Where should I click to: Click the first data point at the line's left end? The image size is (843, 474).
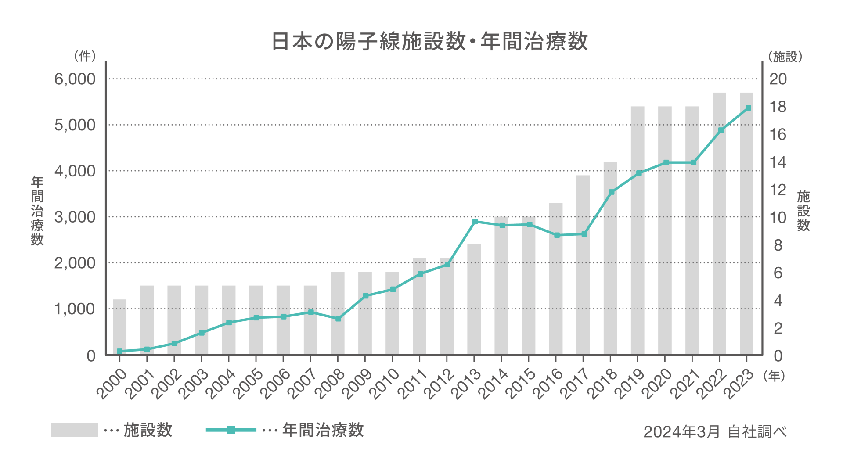(x=119, y=351)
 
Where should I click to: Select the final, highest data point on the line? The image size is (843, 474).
(x=748, y=108)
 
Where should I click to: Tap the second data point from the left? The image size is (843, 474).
(x=147, y=349)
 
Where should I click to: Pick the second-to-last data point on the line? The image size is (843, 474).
(x=721, y=130)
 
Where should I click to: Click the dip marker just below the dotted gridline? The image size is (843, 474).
(x=338, y=319)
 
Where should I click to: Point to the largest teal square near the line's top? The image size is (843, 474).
(x=706, y=149)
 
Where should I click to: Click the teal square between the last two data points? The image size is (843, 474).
(x=732, y=118)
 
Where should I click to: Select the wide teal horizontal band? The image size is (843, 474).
(x=281, y=238)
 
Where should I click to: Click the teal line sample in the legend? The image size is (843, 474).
(x=213, y=430)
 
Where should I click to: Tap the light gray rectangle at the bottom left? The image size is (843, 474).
(x=49, y=430)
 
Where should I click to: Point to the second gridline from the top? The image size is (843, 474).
(x=351, y=171)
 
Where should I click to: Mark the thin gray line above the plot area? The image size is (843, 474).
(x=432, y=79)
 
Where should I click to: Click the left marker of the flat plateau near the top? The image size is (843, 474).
(x=666, y=162)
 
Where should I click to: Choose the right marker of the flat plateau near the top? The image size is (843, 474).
(x=694, y=162)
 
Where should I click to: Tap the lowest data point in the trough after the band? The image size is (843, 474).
(x=557, y=235)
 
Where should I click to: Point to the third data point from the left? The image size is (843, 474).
(x=174, y=343)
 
